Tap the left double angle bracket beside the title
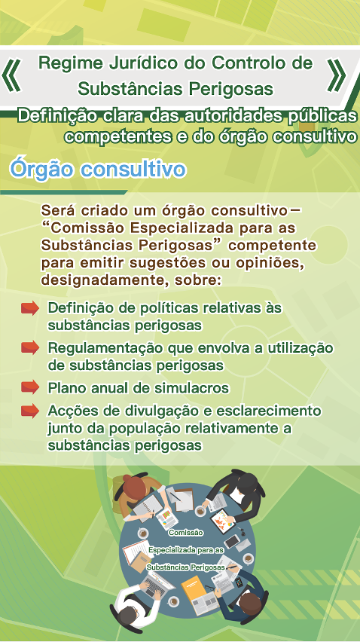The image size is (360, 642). click(11, 75)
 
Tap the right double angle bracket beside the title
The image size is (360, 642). click(337, 75)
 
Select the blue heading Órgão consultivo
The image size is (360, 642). click(98, 170)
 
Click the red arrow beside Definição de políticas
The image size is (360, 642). click(30, 308)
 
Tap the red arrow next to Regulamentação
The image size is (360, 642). click(30, 348)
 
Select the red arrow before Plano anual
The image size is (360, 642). click(30, 387)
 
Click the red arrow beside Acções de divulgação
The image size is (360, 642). click(30, 410)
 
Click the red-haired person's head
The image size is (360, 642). click(134, 485)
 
